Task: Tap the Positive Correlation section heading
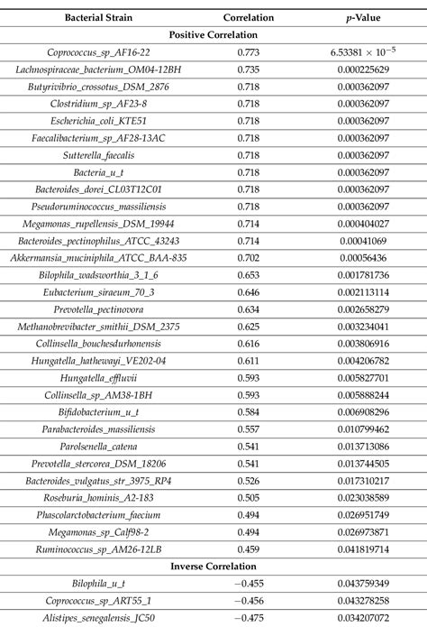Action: [x=213, y=34]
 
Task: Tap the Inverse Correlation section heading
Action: [x=213, y=566]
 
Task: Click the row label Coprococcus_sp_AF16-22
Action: [x=105, y=53]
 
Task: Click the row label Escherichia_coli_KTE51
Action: [x=105, y=121]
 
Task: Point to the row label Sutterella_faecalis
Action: [x=105, y=155]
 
